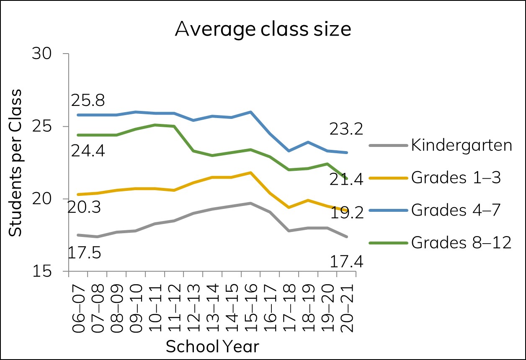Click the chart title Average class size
click(x=263, y=30)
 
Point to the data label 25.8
click(x=88, y=100)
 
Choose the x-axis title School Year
click(x=212, y=346)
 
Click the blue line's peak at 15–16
click(x=250, y=112)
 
